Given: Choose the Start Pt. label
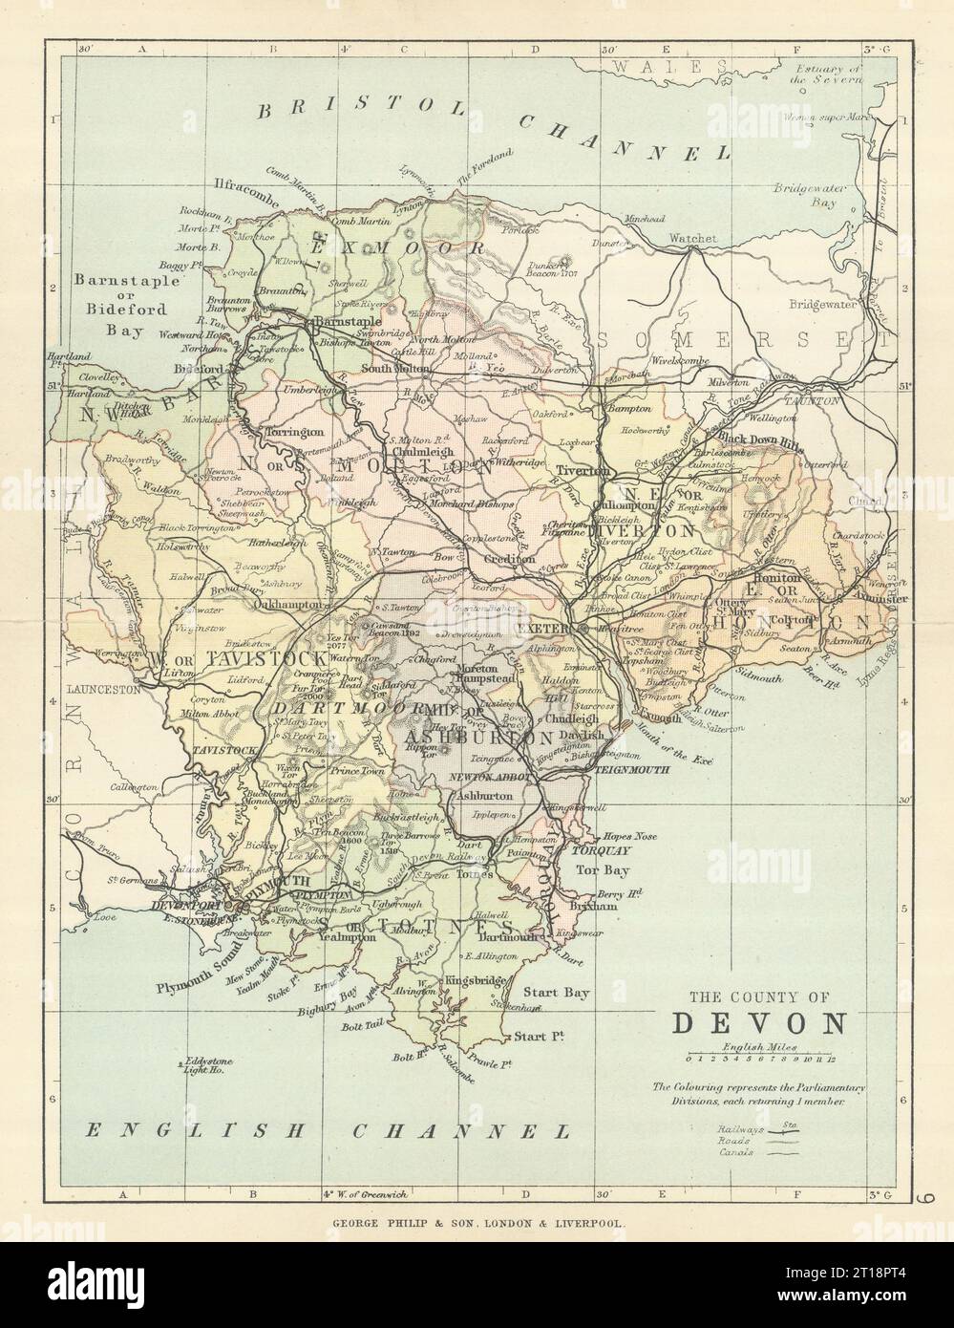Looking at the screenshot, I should coord(539,1037).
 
